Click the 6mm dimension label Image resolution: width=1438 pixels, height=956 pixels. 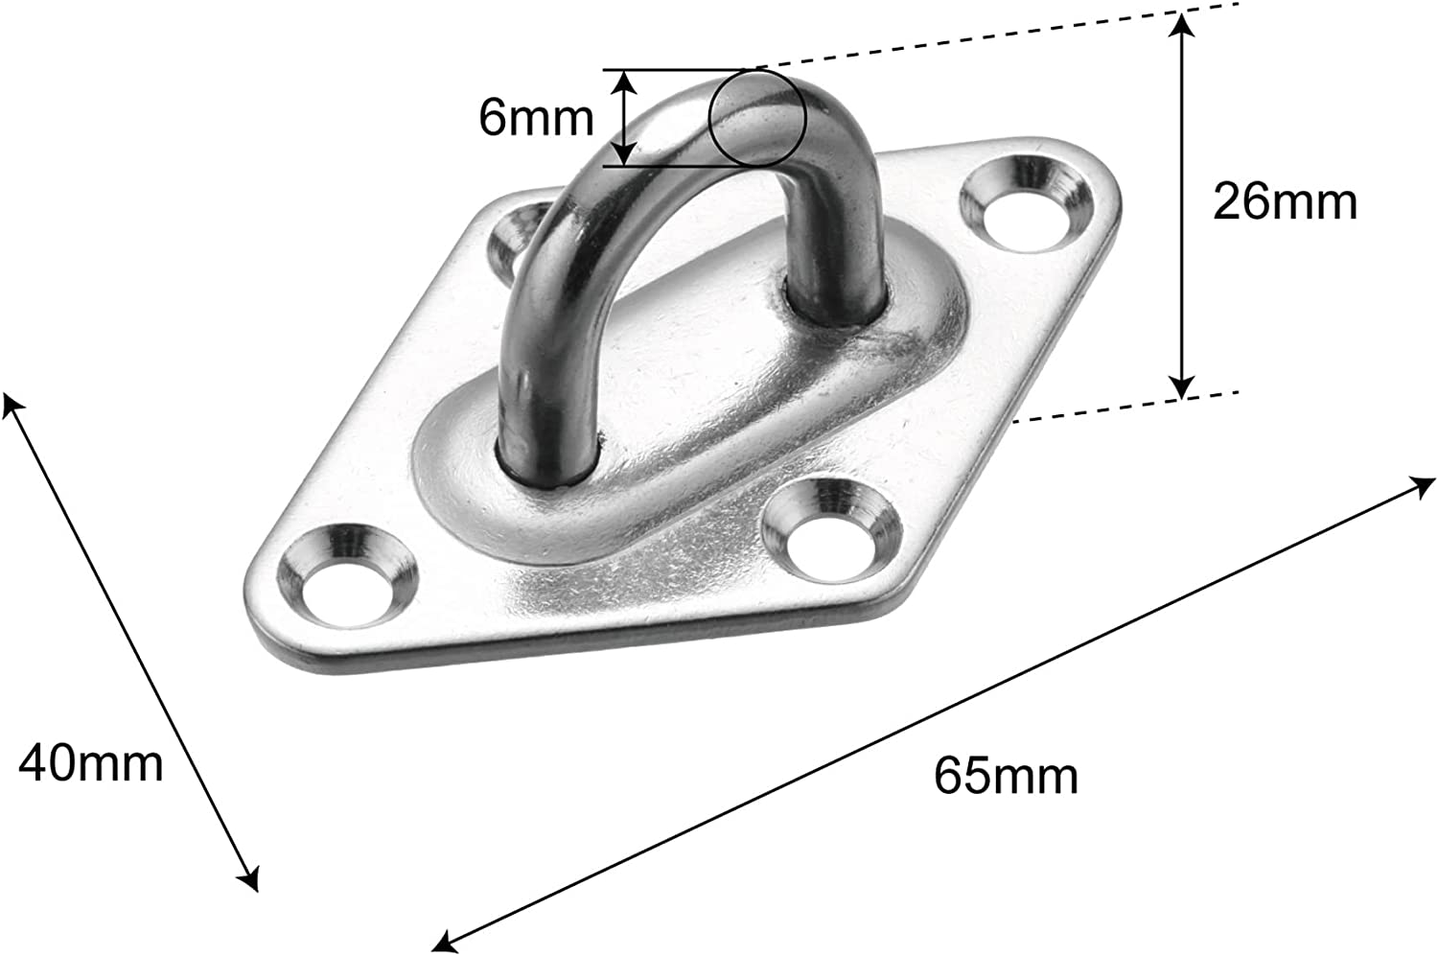click(x=536, y=118)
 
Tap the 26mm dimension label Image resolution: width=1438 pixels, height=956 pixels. click(x=1285, y=202)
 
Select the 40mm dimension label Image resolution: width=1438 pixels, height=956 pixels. click(x=91, y=763)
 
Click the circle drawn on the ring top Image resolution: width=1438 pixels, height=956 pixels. click(x=757, y=117)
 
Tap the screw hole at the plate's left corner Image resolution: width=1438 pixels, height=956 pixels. click(x=350, y=580)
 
